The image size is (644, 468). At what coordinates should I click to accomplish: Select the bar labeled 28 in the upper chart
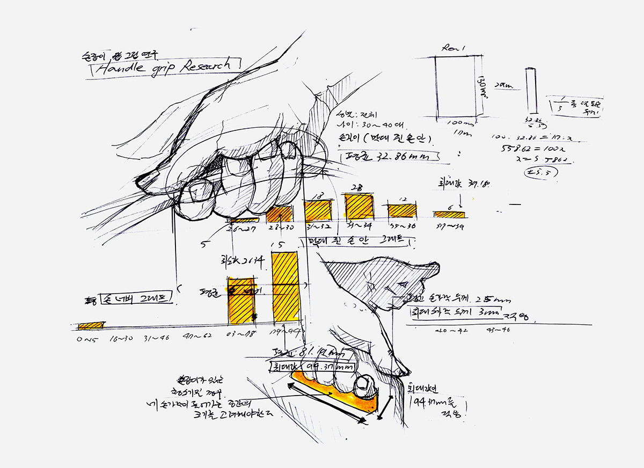[x=359, y=206]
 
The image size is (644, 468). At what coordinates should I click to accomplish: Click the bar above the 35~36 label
[x=402, y=210]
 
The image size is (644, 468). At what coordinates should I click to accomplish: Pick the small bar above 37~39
[x=450, y=215]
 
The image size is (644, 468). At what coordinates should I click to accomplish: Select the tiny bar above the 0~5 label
[x=90, y=325]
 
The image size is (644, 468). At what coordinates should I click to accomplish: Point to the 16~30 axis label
[x=121, y=339]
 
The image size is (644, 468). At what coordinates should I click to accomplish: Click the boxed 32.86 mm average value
[x=391, y=157]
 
